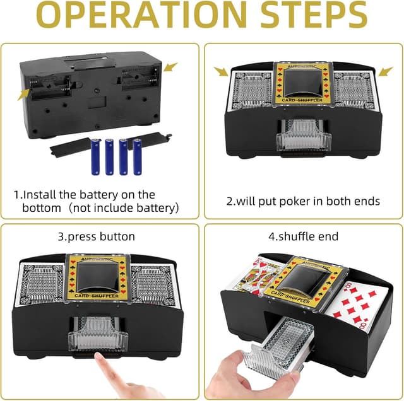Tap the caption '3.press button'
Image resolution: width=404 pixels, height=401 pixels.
[96, 237]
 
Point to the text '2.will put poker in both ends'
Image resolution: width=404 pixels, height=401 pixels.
[303, 201]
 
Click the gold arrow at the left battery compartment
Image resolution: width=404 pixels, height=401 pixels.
[23, 94]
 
